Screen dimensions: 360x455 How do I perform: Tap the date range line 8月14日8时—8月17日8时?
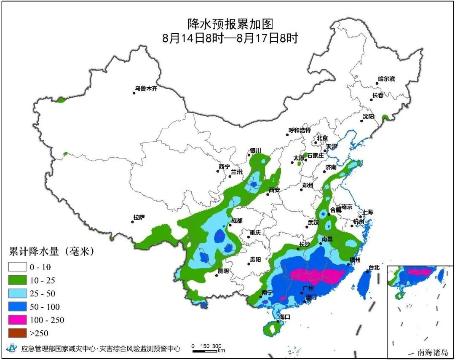pyautogui.click(x=230, y=38)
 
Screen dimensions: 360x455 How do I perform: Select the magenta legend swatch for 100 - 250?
pyautogui.click(x=17, y=320)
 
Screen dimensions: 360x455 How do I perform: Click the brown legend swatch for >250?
pyautogui.click(x=17, y=333)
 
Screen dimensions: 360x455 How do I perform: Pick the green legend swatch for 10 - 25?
pyautogui.click(x=17, y=280)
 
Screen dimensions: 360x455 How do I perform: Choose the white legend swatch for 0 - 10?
pyautogui.click(x=17, y=267)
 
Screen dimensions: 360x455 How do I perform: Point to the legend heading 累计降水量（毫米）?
pyautogui.click(x=51, y=252)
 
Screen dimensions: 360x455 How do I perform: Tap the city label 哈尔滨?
pyautogui.click(x=386, y=79)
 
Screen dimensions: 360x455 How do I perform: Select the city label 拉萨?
pyautogui.click(x=139, y=217)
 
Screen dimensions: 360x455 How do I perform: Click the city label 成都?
pyautogui.click(x=237, y=220)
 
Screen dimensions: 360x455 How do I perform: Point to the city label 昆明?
pyautogui.click(x=223, y=271)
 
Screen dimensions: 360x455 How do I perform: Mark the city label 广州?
pyautogui.click(x=308, y=288)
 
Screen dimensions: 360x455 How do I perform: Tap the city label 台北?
pyautogui.click(x=374, y=267)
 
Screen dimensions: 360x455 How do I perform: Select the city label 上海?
pyautogui.click(x=367, y=212)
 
